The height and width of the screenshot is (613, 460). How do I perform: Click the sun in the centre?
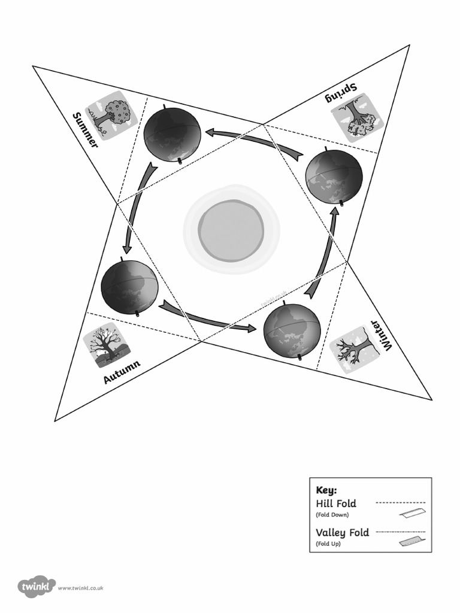pyautogui.click(x=231, y=230)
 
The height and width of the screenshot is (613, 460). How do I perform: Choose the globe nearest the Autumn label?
pyautogui.click(x=129, y=286)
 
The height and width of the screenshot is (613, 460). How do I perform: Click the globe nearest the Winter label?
pyautogui.click(x=292, y=331)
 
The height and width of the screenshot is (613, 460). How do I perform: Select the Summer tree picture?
pyautogui.click(x=111, y=116)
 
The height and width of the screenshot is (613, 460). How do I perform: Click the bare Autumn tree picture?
pyautogui.click(x=106, y=344)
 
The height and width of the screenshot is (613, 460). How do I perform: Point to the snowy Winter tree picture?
pyautogui.click(x=355, y=350)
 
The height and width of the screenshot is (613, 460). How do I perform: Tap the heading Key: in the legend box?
pyautogui.click(x=326, y=490)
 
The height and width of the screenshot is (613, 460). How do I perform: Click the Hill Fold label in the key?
pyautogui.click(x=336, y=503)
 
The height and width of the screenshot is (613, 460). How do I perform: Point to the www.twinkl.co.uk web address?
pyautogui.click(x=81, y=588)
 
